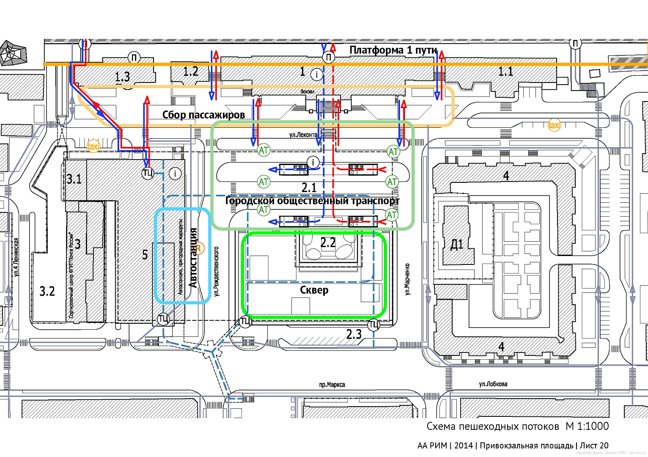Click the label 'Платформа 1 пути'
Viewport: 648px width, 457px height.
pyautogui.click(x=393, y=50)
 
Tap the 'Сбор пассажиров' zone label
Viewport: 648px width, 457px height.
pyautogui.click(x=203, y=115)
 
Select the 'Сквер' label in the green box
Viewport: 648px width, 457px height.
pyautogui.click(x=314, y=290)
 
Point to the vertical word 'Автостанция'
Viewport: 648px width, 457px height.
pyautogui.click(x=193, y=258)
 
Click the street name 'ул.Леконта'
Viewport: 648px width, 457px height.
pyautogui.click(x=303, y=135)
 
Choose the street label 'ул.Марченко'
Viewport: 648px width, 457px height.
pyautogui.click(x=407, y=279)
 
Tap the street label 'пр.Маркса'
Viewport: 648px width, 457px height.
pyautogui.click(x=332, y=385)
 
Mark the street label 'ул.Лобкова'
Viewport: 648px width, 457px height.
pyautogui.click(x=493, y=384)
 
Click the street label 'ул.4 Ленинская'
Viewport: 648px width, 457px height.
pyautogui.click(x=16, y=257)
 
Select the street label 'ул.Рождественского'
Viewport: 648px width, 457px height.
pyautogui.click(x=217, y=271)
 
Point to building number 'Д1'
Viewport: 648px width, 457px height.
pyautogui.click(x=457, y=244)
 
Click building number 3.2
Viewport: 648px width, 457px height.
pyautogui.click(x=47, y=291)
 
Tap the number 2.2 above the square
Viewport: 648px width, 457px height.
pyautogui.click(x=328, y=243)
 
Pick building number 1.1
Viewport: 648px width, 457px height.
pyautogui.click(x=505, y=72)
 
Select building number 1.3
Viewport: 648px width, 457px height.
pyautogui.click(x=122, y=77)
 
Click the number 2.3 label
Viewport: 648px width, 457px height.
pyautogui.click(x=354, y=335)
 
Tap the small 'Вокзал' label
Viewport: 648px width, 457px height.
pyautogui.click(x=308, y=91)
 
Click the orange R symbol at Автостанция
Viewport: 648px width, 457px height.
pyautogui.click(x=198, y=248)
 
